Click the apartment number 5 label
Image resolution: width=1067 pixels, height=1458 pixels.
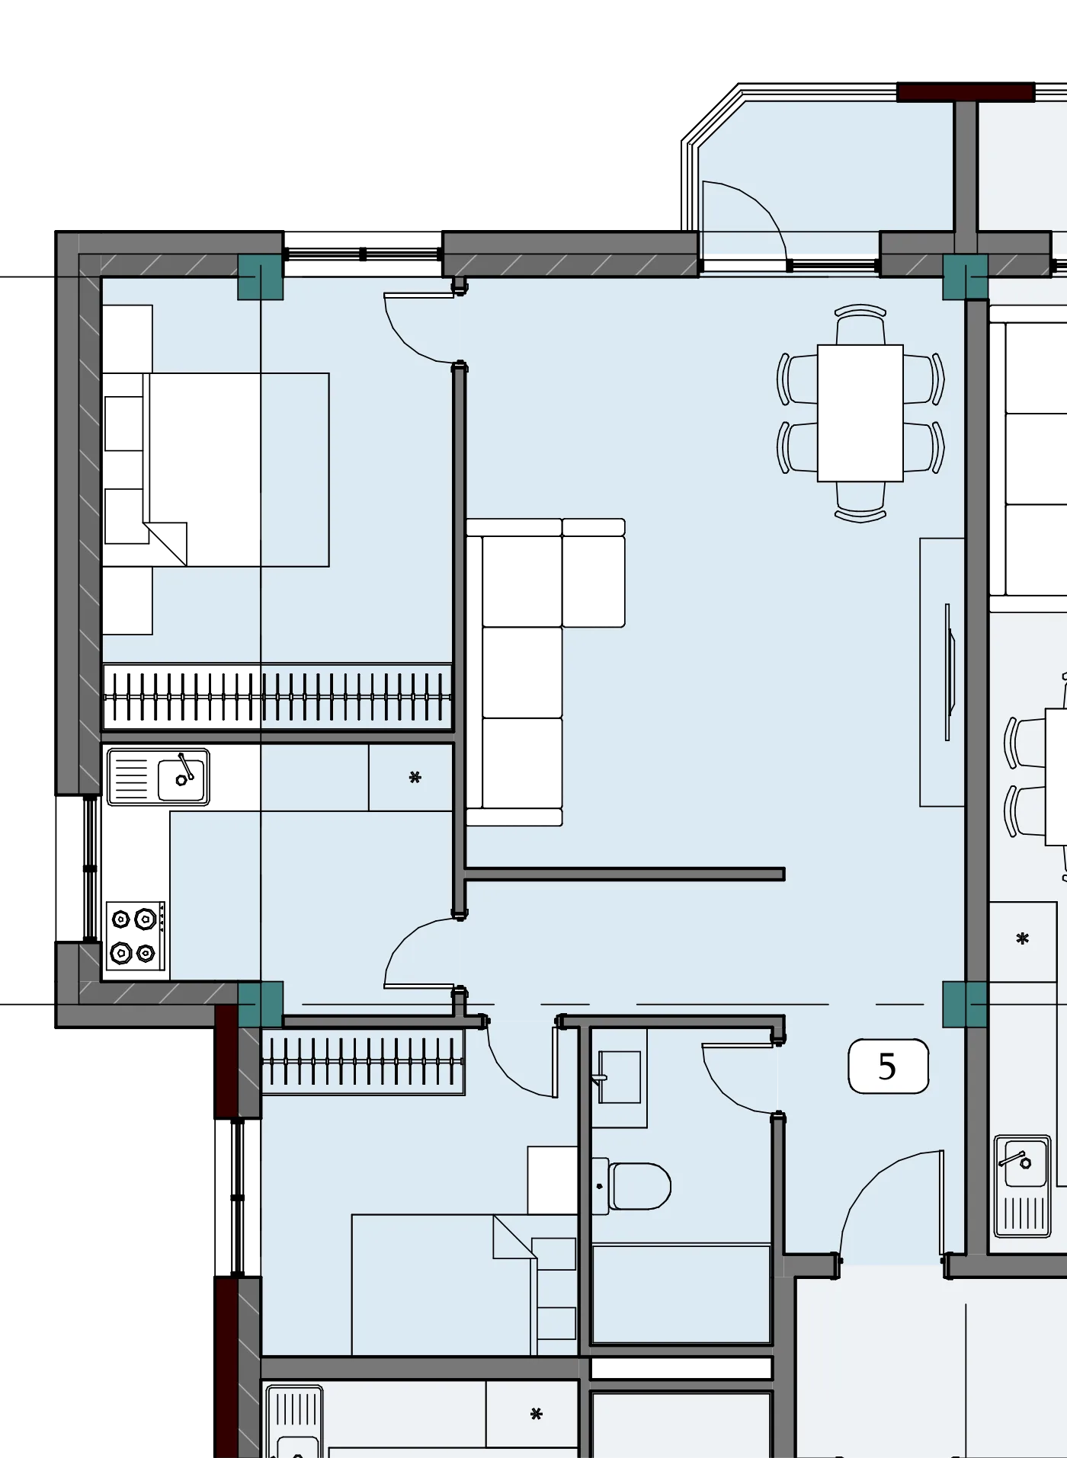888,1066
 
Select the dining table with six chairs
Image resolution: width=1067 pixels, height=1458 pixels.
860,413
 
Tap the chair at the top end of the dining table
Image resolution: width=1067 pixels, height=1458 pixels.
860,325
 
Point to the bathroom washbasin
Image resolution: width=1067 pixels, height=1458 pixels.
620,1077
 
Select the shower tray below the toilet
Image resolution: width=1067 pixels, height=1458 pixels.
681,1293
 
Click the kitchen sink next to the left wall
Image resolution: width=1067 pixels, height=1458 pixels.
159,777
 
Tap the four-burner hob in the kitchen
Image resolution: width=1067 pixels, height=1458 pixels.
136,936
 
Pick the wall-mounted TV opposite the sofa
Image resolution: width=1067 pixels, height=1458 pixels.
950,672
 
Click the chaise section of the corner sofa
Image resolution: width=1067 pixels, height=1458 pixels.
594,574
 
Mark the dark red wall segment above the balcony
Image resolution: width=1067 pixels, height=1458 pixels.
966,92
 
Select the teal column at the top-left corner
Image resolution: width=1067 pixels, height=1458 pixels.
261,277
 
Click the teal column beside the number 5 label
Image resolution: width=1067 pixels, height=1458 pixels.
966,1005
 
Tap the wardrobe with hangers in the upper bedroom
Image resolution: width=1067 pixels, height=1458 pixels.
277,696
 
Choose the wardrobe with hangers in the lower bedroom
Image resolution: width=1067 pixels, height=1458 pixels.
363,1062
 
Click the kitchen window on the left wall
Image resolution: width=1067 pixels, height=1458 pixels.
90,868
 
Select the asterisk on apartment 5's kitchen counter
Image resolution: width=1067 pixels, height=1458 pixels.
415,778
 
